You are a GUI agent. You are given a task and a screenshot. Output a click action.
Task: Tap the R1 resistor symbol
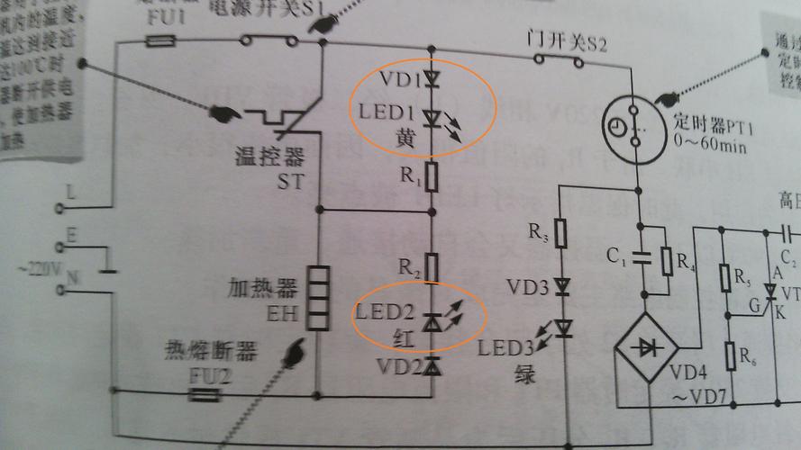pos(432,177)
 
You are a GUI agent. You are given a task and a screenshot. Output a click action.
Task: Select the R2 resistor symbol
pos(432,267)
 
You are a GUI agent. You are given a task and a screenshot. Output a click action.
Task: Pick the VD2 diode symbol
pos(432,365)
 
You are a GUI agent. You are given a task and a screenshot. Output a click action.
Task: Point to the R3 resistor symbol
pos(560,235)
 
